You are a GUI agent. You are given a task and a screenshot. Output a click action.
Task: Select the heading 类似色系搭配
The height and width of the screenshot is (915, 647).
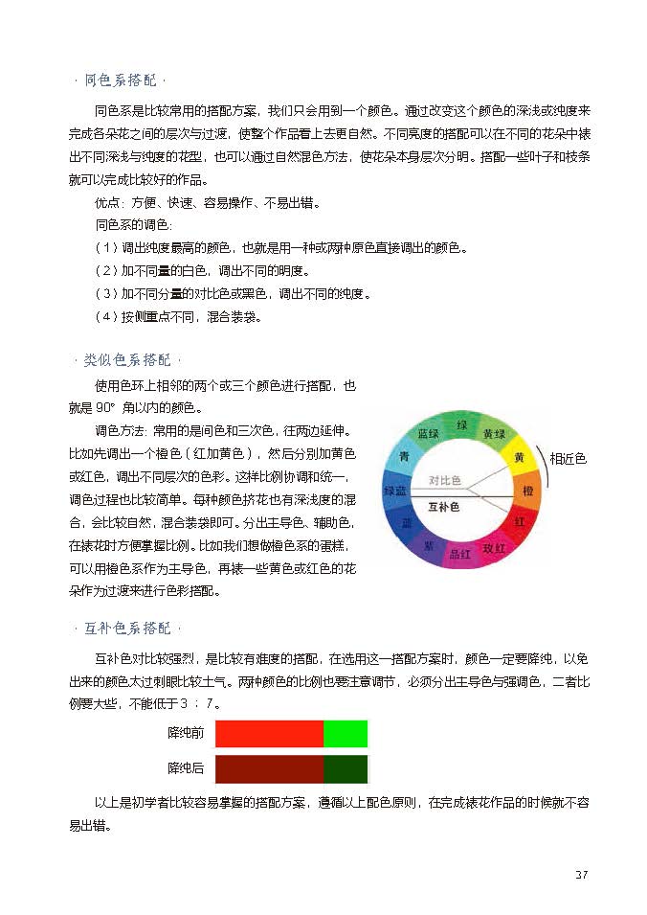click(127, 360)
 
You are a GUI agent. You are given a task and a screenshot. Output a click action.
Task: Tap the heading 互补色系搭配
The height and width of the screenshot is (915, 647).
click(127, 629)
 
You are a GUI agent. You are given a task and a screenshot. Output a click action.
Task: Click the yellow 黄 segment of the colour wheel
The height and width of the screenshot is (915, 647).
click(518, 457)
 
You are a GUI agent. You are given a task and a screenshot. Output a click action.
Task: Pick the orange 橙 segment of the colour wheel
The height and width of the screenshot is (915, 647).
click(527, 491)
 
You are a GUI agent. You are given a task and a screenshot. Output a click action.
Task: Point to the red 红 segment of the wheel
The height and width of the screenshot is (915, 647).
click(519, 522)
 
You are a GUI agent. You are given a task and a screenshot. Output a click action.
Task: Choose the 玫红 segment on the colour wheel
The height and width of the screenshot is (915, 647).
click(494, 548)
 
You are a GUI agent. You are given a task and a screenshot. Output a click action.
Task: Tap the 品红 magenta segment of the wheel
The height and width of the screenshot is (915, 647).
click(459, 554)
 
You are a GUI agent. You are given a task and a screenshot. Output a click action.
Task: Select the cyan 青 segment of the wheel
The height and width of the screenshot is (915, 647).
click(405, 456)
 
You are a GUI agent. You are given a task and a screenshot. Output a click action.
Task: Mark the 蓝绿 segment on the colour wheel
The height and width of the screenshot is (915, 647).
click(429, 434)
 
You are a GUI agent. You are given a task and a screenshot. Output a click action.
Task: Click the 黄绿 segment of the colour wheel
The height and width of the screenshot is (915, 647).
click(494, 434)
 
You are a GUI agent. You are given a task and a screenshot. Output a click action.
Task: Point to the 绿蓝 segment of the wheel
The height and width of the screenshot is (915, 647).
click(394, 491)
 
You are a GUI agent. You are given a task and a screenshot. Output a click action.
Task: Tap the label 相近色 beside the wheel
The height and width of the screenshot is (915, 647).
click(568, 459)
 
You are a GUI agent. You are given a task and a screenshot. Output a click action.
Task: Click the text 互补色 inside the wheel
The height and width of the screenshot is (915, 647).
click(443, 506)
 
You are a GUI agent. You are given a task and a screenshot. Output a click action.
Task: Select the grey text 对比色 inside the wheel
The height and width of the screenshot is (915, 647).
click(444, 480)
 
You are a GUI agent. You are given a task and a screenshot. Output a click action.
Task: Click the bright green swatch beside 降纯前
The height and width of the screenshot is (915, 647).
click(346, 734)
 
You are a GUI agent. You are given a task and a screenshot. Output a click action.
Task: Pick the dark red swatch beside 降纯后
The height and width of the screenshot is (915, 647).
click(270, 768)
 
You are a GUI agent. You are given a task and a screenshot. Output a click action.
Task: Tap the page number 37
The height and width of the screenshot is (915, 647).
click(582, 874)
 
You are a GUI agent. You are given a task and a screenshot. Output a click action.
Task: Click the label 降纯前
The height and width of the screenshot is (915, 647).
click(186, 734)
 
